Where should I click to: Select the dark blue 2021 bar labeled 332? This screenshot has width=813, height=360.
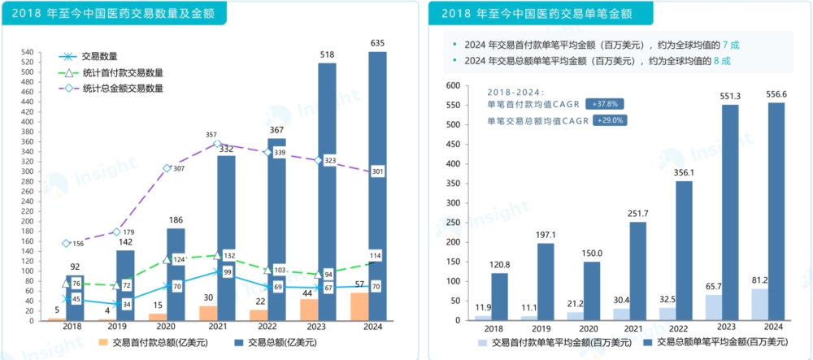[x=226, y=236]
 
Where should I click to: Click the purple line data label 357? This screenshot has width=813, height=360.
[x=211, y=135]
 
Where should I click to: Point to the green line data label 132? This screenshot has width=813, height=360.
[x=229, y=256]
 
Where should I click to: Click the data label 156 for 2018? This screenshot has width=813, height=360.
[x=79, y=244]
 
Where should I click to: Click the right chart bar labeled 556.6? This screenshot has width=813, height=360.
[x=776, y=211]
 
